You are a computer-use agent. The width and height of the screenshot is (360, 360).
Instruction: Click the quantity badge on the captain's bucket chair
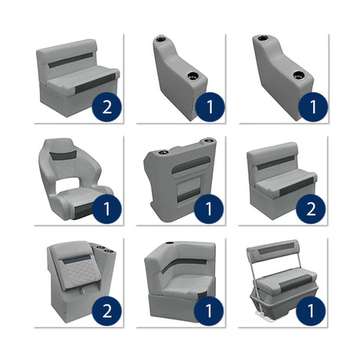coord(107,209)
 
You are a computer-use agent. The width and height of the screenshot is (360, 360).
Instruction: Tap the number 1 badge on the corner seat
coord(209,311)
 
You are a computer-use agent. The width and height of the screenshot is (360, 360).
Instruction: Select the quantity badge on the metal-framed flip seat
coord(311,311)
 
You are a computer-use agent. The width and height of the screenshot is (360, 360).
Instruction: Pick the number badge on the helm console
coord(209,209)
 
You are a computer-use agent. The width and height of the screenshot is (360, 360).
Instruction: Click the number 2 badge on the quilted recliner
coord(107,311)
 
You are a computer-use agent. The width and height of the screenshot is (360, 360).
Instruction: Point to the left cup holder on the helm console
coord(163,152)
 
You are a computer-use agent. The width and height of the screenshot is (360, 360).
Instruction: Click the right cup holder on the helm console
coord(208,141)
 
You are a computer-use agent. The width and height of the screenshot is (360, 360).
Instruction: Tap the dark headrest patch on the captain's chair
coord(63,155)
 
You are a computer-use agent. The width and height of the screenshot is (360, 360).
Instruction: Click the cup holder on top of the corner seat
coord(170,243)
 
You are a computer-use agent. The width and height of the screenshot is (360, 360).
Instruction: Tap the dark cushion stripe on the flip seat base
coord(297,283)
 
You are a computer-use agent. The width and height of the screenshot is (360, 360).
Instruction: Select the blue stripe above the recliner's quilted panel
coord(75,257)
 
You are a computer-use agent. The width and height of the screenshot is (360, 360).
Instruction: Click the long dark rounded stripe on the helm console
coord(191,165)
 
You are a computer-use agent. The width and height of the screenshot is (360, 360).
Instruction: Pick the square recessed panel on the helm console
coord(189,189)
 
